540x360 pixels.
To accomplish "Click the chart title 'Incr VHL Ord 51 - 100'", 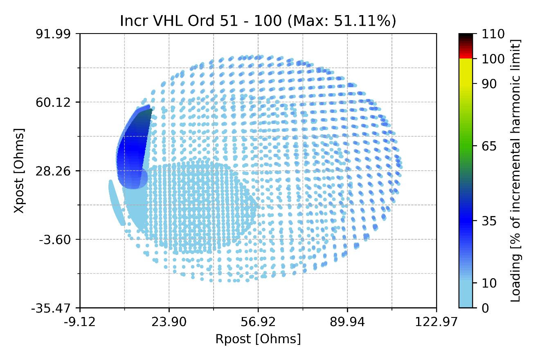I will [200, 21].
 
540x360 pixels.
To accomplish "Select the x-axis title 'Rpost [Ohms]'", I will [258, 339].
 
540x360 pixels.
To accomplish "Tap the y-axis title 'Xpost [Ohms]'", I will [19, 171].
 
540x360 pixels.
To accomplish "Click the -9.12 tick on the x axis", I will [80, 322].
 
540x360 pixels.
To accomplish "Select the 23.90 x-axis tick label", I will [169, 322].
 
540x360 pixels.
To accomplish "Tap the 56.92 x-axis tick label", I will [258, 322].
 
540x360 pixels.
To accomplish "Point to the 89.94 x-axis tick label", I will [347, 322].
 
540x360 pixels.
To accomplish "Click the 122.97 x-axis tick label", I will [436, 322].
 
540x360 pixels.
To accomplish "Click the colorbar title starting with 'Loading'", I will [516, 171].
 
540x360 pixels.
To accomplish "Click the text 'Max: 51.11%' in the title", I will [342, 21].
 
